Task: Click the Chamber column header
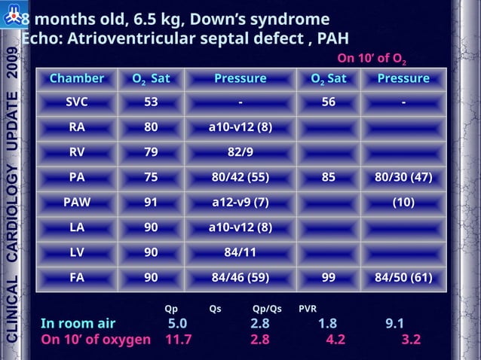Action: (77, 79)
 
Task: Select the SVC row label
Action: (77, 103)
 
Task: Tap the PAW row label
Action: (77, 202)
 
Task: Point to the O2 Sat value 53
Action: (151, 103)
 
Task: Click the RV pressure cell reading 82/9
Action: (240, 152)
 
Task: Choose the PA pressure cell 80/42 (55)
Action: (240, 178)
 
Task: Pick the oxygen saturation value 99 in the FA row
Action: (328, 277)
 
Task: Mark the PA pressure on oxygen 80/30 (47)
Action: (403, 178)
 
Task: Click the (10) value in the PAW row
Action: (403, 202)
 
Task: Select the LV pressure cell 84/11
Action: (240, 252)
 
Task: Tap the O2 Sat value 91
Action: (151, 202)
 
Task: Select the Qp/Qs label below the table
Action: (267, 308)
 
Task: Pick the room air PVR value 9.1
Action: (394, 324)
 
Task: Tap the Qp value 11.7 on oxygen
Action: (178, 340)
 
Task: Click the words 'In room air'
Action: (78, 324)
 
